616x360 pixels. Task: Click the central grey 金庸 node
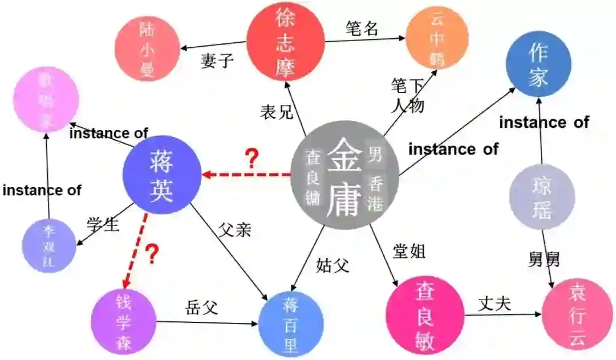click(x=343, y=175)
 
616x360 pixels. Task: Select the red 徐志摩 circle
click(x=285, y=41)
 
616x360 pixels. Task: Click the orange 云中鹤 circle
click(x=436, y=39)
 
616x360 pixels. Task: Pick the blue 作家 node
click(x=538, y=64)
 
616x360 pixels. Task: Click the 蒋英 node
click(x=162, y=174)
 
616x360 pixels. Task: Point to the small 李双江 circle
click(x=49, y=246)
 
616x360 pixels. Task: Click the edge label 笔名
click(x=362, y=29)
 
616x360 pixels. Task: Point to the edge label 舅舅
click(x=544, y=259)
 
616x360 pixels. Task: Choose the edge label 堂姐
click(x=409, y=251)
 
